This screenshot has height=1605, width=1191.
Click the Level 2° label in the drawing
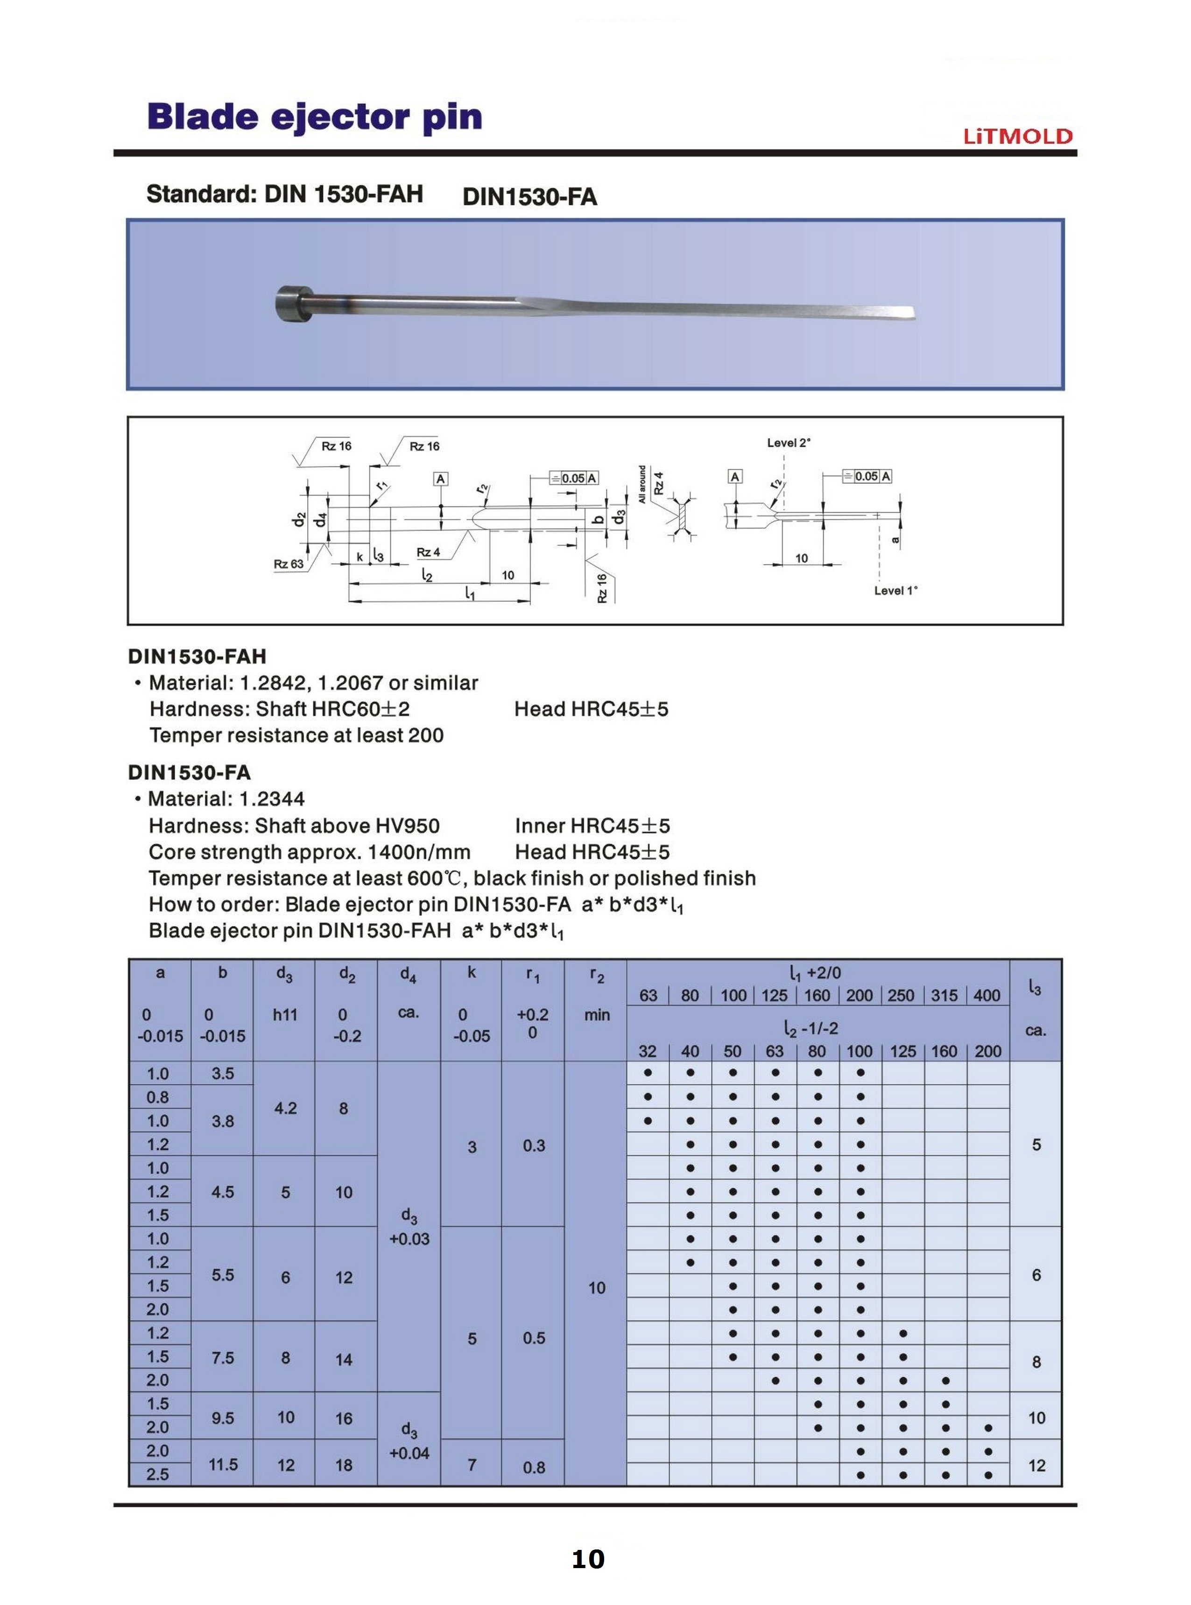coord(788,443)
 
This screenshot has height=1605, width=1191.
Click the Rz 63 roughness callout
coord(289,564)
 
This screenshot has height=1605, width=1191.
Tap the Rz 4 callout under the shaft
coord(428,552)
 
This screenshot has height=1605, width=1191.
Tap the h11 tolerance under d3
coord(285,1015)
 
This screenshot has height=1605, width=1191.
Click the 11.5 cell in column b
coord(223,1464)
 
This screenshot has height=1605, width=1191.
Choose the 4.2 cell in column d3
coord(285,1108)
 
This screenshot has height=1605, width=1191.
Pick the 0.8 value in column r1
coord(534,1467)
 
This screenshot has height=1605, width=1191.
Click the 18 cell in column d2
coord(344,1465)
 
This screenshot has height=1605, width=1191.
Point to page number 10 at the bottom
coord(588,1560)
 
